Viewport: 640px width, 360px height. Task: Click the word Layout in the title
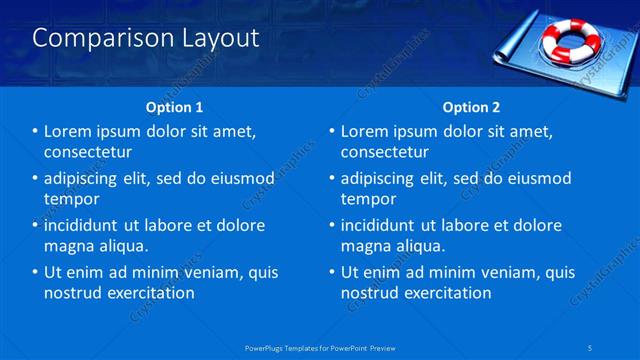(214, 38)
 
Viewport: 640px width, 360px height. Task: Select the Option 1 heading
(175, 106)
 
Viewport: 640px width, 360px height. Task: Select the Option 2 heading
(471, 106)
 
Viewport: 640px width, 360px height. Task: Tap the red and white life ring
(571, 42)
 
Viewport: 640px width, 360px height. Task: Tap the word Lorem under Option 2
(365, 131)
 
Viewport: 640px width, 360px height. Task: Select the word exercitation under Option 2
(443, 293)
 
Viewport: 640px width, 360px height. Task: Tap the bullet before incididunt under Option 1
(35, 225)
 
